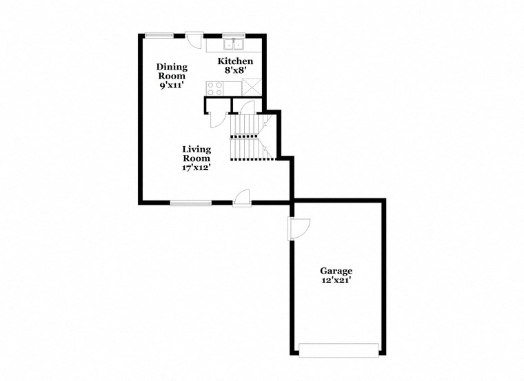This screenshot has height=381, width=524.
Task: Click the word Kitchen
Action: click(231, 61)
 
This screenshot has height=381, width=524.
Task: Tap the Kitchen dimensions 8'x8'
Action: click(231, 70)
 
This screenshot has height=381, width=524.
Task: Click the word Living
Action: click(196, 149)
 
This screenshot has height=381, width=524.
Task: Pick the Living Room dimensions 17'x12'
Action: click(196, 167)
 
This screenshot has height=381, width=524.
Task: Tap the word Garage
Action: click(336, 271)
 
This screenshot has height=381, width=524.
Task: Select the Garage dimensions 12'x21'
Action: click(336, 280)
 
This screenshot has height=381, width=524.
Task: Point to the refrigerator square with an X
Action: click(252, 87)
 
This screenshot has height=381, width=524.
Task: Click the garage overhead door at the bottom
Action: click(339, 351)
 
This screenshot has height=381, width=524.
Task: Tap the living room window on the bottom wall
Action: click(190, 202)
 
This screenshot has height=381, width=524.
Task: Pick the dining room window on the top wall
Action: click(158, 34)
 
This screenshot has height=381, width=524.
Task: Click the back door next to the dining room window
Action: click(194, 36)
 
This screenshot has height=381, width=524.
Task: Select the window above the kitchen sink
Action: click(234, 34)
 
